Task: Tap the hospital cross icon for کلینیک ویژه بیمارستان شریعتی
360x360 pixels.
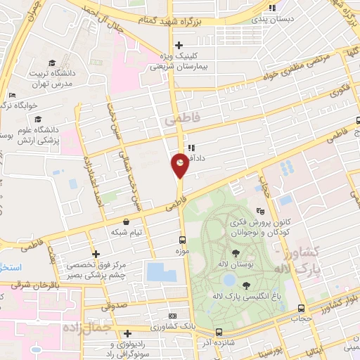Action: click(179, 45)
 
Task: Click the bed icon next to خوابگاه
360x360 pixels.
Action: click(12, 96)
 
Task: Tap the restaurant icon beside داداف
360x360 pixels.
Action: click(191, 148)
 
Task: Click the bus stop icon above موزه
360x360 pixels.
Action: click(182, 240)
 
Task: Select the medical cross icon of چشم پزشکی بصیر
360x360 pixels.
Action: click(96, 255)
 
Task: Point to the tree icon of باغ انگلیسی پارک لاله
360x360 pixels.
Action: click(245, 285)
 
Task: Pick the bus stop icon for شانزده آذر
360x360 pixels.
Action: click(219, 332)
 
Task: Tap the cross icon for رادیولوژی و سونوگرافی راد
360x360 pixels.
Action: click(127, 333)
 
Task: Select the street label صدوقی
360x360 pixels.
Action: click(114, 307)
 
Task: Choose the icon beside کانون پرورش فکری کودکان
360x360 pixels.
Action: click(259, 210)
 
